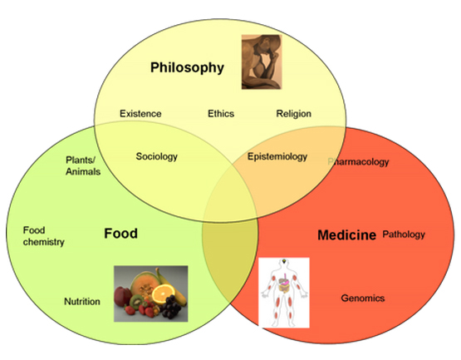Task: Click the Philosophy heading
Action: coord(187,68)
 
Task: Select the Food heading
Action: coord(120,234)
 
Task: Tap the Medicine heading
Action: coord(346,235)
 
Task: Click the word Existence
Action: coord(140,114)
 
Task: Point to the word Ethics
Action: coord(221,114)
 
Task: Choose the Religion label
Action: coord(294,114)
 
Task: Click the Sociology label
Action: coord(157,156)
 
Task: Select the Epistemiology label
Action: coord(277,156)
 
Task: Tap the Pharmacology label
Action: coord(358,162)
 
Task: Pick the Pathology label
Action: coord(404,234)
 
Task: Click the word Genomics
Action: coord(363,298)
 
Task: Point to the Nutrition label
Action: coord(82,302)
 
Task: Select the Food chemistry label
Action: coord(43,236)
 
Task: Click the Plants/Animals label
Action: coord(83,165)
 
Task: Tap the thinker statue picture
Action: coord(262,62)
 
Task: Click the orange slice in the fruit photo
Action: coord(163,293)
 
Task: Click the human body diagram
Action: coord(284,293)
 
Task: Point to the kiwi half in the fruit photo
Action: coord(136,302)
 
